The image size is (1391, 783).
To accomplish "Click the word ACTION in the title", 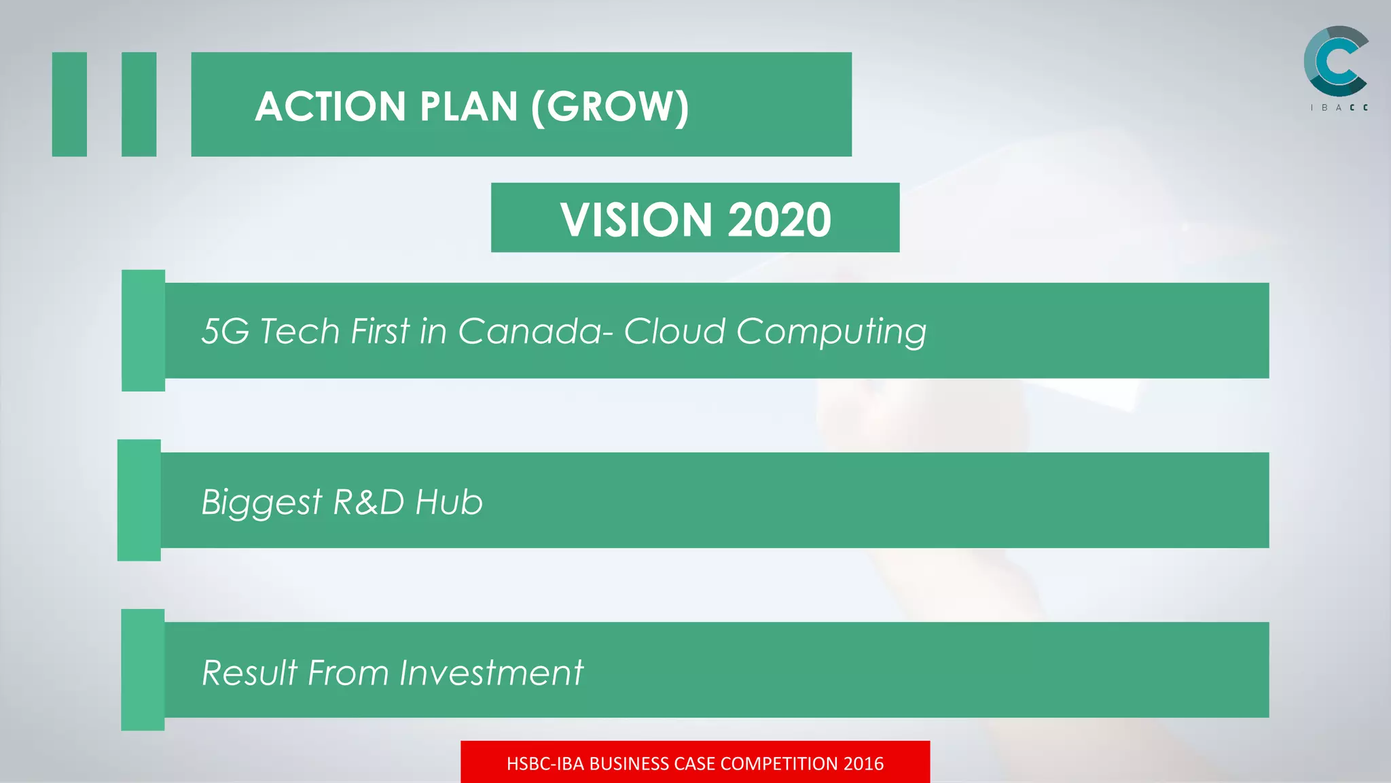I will [x=330, y=107].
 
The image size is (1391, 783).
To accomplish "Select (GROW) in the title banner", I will [x=610, y=107].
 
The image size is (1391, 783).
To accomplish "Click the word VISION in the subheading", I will [x=636, y=220].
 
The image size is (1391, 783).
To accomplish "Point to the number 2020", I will [x=779, y=220].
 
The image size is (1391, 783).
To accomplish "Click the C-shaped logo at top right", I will [x=1335, y=61].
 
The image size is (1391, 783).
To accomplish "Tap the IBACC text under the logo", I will [x=1339, y=107].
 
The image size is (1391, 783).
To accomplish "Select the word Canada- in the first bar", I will [x=536, y=332].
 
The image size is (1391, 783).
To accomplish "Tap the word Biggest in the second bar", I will [x=261, y=503].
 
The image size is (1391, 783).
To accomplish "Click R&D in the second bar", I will [x=369, y=502].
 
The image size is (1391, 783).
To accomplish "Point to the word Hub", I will [x=449, y=502].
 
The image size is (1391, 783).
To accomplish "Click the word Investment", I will [x=491, y=673].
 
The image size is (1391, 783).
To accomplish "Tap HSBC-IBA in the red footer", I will [x=545, y=764].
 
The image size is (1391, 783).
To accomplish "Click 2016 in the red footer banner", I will [x=863, y=764].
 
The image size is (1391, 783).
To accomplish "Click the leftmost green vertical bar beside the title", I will [x=69, y=104].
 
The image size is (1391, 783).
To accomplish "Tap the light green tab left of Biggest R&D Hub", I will [x=139, y=500].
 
